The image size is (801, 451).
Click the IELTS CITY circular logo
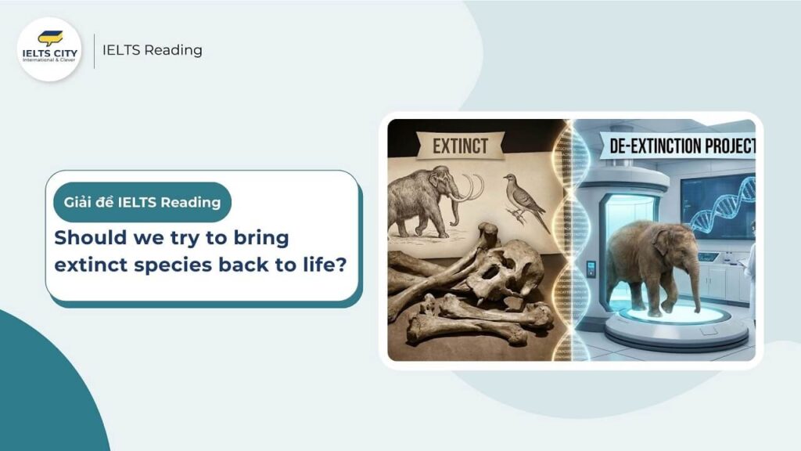(50, 49)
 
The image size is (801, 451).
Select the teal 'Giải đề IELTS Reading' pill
(142, 203)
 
